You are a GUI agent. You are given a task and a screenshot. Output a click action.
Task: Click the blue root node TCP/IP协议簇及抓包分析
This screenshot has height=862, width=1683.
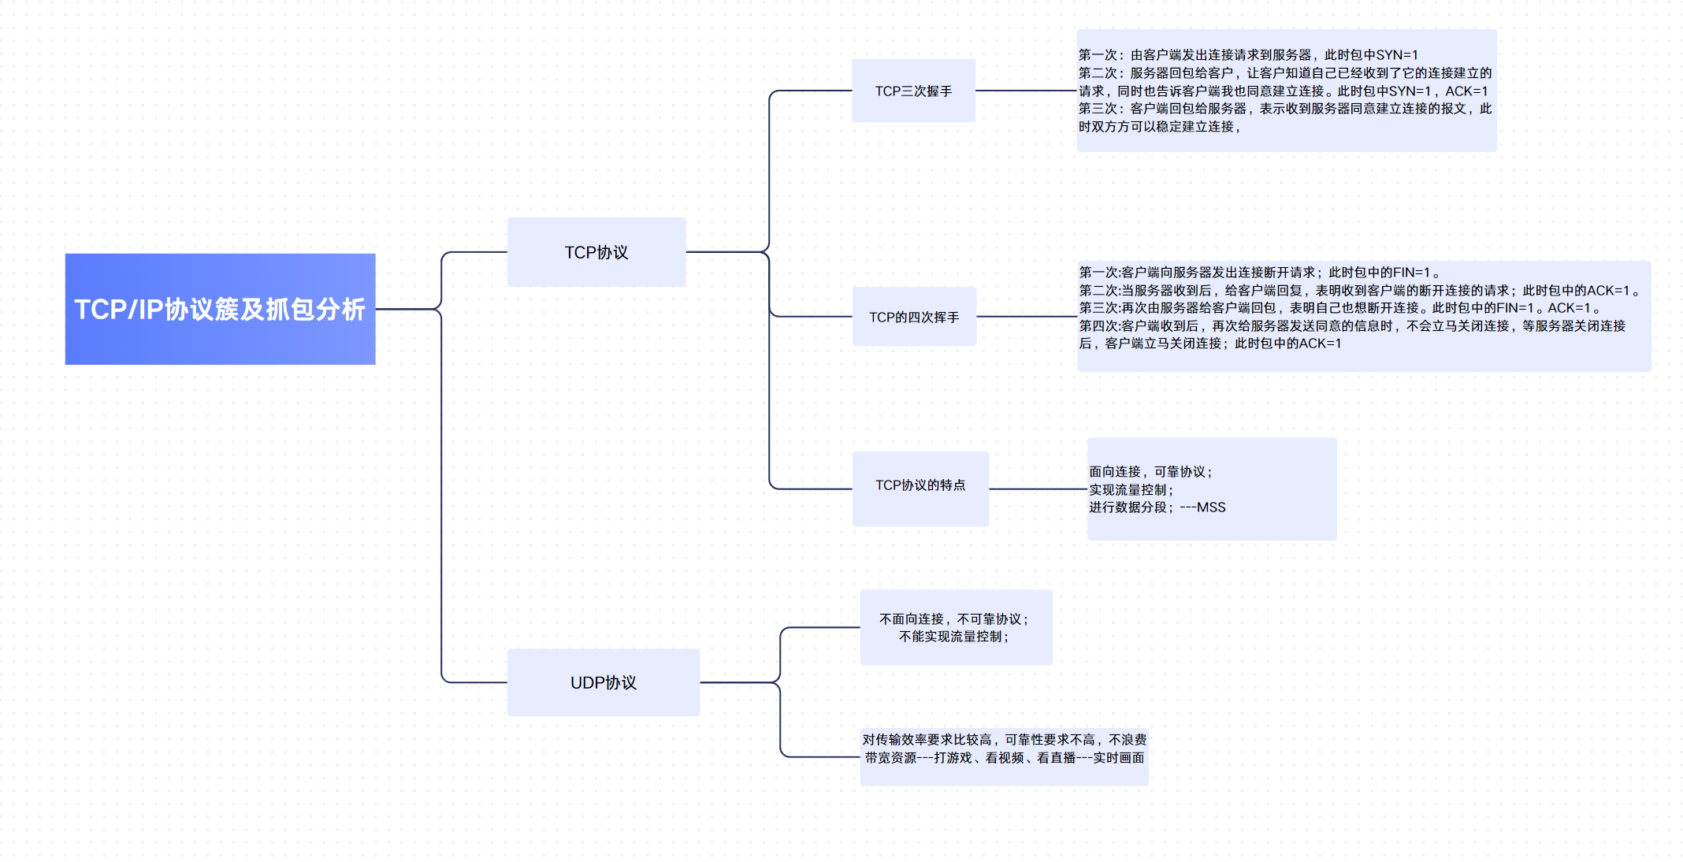220,309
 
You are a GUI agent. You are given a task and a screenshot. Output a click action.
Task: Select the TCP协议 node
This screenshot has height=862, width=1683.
596,252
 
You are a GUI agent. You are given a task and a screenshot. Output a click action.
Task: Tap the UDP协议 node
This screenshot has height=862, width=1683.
604,682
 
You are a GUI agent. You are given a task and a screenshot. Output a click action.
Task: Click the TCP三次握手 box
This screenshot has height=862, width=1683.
913,91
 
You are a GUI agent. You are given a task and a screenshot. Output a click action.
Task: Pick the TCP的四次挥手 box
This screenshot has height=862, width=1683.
914,317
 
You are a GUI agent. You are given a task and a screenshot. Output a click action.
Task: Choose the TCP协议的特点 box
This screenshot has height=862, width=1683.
920,485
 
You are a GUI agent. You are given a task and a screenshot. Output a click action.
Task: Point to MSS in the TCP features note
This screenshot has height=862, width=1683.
1211,507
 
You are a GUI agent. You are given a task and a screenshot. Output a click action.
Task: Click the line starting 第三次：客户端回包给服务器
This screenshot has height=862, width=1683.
1284,109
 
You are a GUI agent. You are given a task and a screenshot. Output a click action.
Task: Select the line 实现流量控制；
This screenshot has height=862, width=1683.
1131,490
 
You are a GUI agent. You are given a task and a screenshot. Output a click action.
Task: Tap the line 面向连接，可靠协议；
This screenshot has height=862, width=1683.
1151,472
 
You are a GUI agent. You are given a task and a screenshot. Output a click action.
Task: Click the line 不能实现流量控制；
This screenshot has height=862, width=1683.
954,637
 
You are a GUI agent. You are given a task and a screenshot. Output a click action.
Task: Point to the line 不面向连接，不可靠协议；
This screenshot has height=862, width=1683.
954,619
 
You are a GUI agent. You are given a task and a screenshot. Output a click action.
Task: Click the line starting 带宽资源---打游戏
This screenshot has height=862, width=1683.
1005,758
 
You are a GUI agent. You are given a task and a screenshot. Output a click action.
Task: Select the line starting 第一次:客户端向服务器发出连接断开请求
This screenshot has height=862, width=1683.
1261,273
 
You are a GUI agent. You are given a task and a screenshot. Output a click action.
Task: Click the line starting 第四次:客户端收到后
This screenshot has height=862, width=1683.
1352,326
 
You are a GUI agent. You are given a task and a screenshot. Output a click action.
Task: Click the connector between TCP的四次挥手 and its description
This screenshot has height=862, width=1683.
1027,317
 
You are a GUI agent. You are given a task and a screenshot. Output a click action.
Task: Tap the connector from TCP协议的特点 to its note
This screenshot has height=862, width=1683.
1038,489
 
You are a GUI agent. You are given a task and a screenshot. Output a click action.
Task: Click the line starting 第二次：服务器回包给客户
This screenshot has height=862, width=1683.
1284,73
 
